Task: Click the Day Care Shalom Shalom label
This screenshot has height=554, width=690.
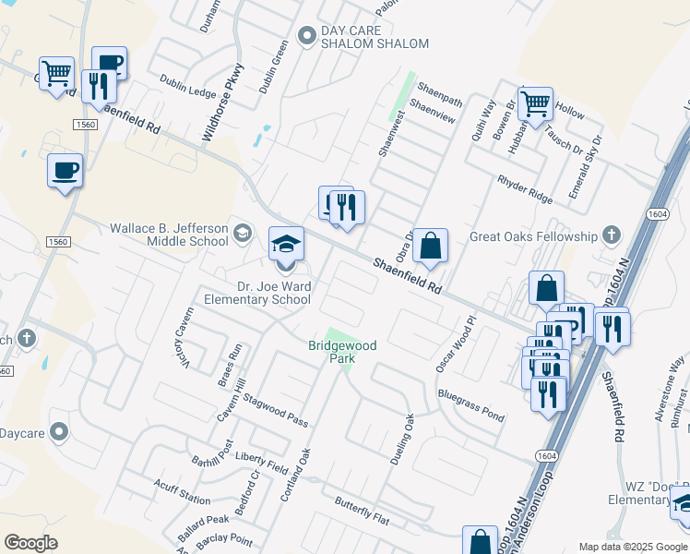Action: coord(375,37)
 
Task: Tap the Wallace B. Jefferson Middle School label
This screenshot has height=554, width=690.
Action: coord(169,235)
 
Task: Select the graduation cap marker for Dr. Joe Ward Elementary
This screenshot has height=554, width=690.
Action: coord(285,247)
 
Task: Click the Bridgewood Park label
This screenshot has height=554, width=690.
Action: coord(342,352)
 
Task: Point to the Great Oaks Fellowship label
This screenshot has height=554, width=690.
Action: coord(533,236)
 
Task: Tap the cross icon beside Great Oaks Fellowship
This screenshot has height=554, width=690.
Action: coord(610,235)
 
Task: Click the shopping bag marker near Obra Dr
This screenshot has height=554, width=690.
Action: coord(430,247)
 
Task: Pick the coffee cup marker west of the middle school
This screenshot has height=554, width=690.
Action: coord(65,172)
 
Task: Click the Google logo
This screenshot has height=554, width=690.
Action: coord(30,543)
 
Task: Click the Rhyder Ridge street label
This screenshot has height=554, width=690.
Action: coord(524,189)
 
